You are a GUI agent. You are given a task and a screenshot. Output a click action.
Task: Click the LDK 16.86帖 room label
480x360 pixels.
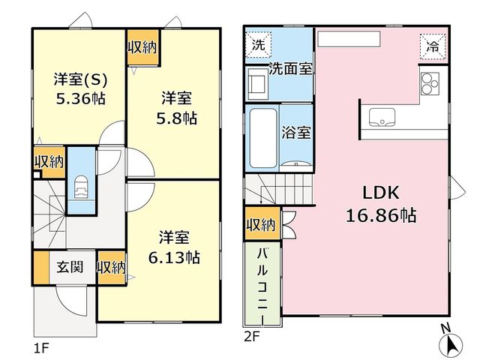point(381,205)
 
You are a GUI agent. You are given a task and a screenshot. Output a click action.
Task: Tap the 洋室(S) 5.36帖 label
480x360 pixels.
point(81,89)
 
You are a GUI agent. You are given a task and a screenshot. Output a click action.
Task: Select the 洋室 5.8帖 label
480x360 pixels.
point(177,108)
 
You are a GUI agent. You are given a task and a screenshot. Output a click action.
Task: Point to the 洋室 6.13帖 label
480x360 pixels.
point(174,247)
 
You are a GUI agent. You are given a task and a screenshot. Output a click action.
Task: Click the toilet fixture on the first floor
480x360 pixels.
point(81,187)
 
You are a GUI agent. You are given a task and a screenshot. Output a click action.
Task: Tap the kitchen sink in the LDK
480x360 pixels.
point(382,117)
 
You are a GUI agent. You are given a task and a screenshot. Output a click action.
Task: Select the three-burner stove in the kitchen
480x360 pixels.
point(430,83)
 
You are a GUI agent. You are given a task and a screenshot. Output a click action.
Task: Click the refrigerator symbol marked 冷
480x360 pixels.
point(433,46)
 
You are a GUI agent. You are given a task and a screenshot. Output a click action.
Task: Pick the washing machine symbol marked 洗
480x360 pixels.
point(258,45)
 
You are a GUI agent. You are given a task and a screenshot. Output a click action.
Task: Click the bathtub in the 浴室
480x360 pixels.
point(263,138)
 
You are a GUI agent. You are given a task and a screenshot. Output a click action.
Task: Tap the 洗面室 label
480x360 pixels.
point(290,69)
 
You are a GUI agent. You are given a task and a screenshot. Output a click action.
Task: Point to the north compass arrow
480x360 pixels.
point(451,345)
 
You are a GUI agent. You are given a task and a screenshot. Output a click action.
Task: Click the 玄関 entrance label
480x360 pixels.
point(70,267)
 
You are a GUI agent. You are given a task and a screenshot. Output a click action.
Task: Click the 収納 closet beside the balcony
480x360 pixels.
point(262,224)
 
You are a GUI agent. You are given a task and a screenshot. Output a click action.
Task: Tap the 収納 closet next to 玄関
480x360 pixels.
point(112,268)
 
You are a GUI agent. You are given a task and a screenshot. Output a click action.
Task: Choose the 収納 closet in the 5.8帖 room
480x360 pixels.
point(142,47)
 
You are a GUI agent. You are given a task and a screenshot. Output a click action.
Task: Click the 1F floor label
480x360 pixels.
point(41,348)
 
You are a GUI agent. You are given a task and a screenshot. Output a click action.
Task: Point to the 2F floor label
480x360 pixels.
point(252,337)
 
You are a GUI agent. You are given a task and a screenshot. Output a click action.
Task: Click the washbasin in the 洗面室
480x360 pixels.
point(257,83)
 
